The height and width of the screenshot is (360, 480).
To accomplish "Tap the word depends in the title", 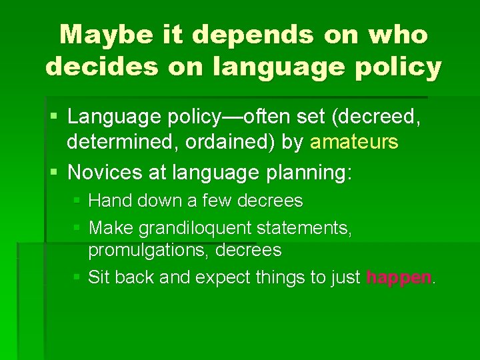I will coord(248,35).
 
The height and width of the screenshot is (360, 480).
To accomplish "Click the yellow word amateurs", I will coord(354,142).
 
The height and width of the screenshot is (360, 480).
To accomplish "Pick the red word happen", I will coord(399,277).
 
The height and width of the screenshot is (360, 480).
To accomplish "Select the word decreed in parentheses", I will coord(381,117).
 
